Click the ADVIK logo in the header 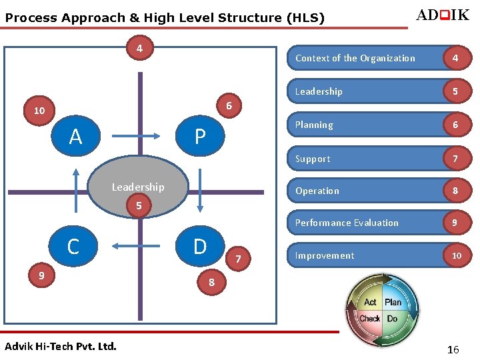pyautogui.click(x=442, y=15)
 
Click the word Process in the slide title pyautogui.click(x=31, y=19)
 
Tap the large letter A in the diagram pyautogui.click(x=75, y=137)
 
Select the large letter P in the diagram pyautogui.click(x=199, y=137)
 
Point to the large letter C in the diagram pyautogui.click(x=73, y=247)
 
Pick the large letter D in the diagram pyautogui.click(x=200, y=247)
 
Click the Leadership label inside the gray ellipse pyautogui.click(x=137, y=187)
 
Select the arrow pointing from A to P pyautogui.click(x=137, y=137)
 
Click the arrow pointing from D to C pyautogui.click(x=137, y=246)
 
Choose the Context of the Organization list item pyautogui.click(x=355, y=58)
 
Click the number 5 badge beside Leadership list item pyautogui.click(x=455, y=91)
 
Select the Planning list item pyautogui.click(x=314, y=125)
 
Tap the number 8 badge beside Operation pyautogui.click(x=455, y=191)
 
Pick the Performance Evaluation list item pyautogui.click(x=347, y=223)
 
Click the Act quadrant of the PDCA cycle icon pyautogui.click(x=370, y=302)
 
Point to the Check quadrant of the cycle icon pyautogui.click(x=369, y=319)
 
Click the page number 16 pyautogui.click(x=453, y=349)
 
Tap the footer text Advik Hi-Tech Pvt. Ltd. pyautogui.click(x=60, y=346)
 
